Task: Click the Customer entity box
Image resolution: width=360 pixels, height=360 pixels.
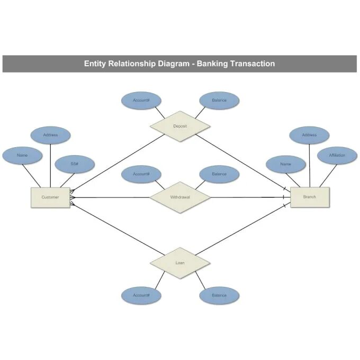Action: tap(50, 197)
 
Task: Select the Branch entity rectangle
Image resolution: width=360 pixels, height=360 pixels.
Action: tap(310, 197)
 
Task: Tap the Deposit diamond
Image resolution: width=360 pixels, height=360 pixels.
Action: tap(180, 126)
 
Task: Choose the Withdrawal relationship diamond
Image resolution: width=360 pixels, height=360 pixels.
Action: tap(180, 197)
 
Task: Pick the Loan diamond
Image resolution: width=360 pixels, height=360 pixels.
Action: tap(180, 263)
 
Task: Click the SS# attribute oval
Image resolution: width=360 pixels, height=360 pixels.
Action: tap(75, 164)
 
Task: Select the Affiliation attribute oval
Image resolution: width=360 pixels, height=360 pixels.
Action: tap(337, 155)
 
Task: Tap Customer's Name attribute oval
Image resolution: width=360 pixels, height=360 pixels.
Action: tap(22, 155)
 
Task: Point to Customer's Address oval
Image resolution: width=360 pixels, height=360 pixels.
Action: tap(50, 135)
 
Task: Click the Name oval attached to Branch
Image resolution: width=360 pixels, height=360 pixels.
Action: tap(285, 164)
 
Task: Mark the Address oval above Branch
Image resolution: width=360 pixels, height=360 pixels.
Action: tap(309, 135)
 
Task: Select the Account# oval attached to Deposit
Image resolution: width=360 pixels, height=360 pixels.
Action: tap(141, 100)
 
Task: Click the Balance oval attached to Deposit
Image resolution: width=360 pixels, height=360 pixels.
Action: tap(219, 100)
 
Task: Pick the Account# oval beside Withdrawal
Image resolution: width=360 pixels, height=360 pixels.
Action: tap(141, 174)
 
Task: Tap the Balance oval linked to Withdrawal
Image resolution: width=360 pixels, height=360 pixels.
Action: tap(219, 174)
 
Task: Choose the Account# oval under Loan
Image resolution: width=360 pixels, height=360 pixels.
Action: tap(141, 295)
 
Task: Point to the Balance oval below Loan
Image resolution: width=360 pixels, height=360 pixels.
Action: tap(219, 295)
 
